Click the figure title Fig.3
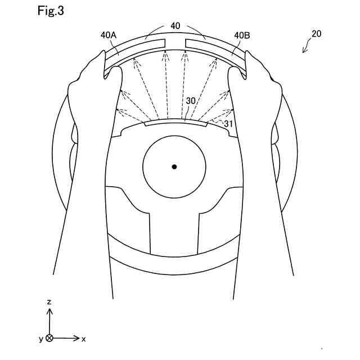point(51,11)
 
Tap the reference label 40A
point(109,35)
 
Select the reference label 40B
point(242,35)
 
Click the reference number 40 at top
point(175,26)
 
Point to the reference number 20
point(317,34)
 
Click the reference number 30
point(191,101)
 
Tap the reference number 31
point(228,123)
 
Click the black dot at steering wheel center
point(174,166)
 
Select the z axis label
point(49,302)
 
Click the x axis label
point(84,339)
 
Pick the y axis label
point(40,339)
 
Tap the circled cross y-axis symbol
point(49,338)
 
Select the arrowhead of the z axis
point(49,311)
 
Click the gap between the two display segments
point(175,43)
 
